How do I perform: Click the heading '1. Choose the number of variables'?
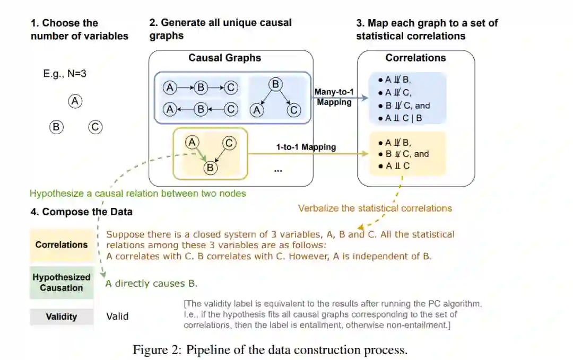[79, 30]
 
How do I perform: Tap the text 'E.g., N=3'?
[65, 74]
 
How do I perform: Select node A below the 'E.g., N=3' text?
[76, 101]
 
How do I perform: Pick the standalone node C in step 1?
[95, 127]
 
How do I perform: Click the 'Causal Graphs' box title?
[225, 58]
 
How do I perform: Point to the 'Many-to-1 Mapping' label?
[334, 97]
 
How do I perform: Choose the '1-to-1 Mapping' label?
[306, 147]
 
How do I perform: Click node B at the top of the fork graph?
[275, 85]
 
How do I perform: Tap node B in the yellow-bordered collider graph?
[211, 168]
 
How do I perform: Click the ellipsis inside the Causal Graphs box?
[278, 170]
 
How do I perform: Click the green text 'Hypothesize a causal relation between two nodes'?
[138, 194]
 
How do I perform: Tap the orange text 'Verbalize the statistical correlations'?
[375, 208]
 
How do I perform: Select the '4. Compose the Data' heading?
[82, 212]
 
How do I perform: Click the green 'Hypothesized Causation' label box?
[62, 283]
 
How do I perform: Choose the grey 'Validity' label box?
[62, 317]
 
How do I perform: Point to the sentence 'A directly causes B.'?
[152, 283]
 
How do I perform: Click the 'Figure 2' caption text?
[270, 350]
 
